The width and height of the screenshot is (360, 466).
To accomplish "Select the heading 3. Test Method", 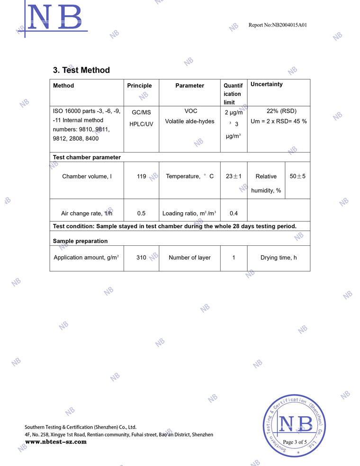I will (81, 70).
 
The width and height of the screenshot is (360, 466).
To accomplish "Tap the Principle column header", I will (139, 86).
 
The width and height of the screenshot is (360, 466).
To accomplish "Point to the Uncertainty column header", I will (266, 84).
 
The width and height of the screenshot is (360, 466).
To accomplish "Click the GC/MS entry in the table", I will (141, 113).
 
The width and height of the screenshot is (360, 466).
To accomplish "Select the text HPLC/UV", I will (141, 124).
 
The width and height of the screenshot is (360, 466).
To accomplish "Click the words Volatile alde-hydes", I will (189, 121).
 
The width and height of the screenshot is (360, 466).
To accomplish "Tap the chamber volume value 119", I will (141, 176).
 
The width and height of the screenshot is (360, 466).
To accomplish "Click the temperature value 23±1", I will (234, 176).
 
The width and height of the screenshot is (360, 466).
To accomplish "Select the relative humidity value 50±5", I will (297, 176).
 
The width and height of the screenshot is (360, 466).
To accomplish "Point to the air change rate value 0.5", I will (141, 213).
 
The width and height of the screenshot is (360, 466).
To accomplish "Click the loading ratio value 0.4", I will (234, 213).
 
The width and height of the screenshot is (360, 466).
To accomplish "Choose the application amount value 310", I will (141, 258).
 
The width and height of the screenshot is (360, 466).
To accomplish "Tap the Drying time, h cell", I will (279, 258).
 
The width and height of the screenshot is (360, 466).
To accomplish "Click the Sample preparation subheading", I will (80, 241).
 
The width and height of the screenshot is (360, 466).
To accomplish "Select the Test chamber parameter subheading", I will (87, 157).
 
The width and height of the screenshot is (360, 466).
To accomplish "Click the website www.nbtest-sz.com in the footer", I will (56, 442).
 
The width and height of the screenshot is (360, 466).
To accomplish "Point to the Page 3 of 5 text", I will (295, 442).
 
